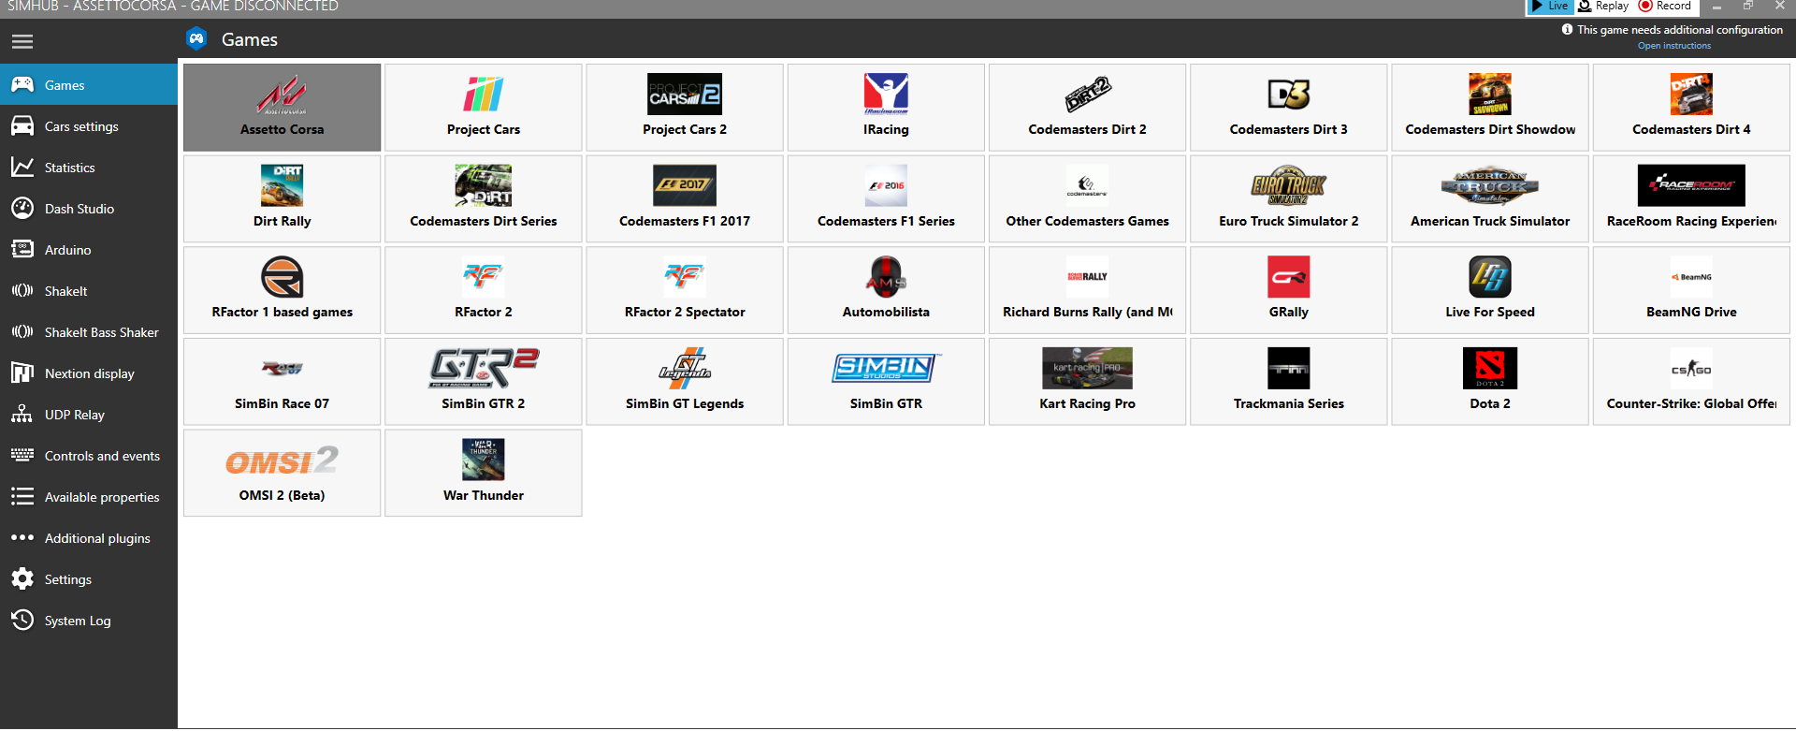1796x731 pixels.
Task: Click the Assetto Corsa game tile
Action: (282, 108)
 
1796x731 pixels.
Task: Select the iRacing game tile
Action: (886, 108)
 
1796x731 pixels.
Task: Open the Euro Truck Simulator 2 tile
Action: (1288, 199)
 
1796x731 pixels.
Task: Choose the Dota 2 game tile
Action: (1489, 382)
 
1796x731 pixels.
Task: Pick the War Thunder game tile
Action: (483, 474)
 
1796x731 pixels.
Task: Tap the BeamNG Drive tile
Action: (1690, 290)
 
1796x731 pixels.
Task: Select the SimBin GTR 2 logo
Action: (484, 368)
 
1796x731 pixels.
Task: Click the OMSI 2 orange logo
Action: (282, 461)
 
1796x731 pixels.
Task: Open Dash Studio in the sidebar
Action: (80, 209)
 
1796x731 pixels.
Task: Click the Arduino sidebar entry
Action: (67, 250)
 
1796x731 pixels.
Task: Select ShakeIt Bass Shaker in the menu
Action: (101, 332)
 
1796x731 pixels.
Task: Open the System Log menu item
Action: (78, 621)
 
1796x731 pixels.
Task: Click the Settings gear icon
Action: (22, 579)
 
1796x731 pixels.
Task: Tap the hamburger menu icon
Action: (22, 41)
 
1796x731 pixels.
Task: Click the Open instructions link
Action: (1673, 46)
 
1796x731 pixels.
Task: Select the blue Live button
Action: (1550, 7)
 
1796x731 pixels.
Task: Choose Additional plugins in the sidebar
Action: (97, 538)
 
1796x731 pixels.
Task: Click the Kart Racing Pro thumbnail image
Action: (1087, 368)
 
